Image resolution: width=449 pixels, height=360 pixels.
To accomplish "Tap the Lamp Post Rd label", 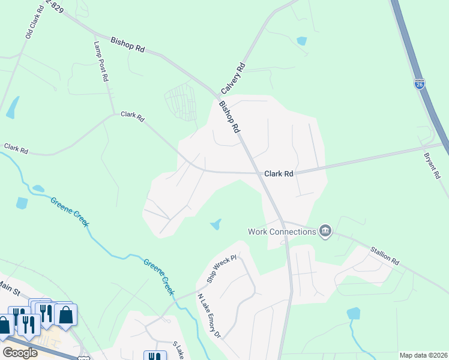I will click(x=100, y=61).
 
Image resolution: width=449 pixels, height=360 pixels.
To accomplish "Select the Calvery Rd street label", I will click(x=234, y=77).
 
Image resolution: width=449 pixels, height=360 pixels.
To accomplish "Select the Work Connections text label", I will click(x=282, y=231).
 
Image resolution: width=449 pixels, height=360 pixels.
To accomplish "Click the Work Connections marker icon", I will click(x=325, y=231).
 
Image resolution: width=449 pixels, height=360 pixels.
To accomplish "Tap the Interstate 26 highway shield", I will click(x=419, y=83).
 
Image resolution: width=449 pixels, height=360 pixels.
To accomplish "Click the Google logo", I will click(x=20, y=352).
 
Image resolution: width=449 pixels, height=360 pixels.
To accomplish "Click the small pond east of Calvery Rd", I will click(x=301, y=41).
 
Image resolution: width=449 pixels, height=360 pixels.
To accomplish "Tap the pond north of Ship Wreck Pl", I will click(x=215, y=225).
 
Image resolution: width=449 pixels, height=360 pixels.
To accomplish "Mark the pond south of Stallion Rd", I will click(x=354, y=313).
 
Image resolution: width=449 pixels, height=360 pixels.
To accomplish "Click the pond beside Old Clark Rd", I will click(x=12, y=107).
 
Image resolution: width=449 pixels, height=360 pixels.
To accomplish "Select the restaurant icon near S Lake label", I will click(x=155, y=356).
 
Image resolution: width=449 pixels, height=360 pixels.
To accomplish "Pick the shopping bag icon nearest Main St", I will click(x=65, y=314).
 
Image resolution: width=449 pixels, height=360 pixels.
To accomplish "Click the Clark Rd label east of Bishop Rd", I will click(x=279, y=173).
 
